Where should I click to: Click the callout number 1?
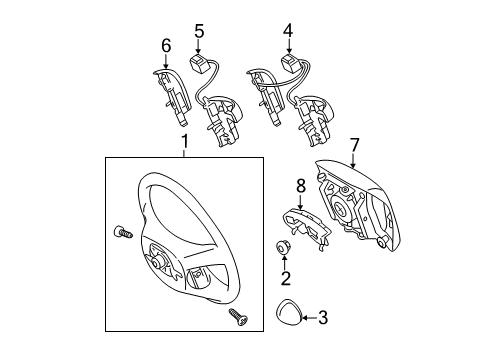[x=183, y=143]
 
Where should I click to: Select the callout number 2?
[x=285, y=279]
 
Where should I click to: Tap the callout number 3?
[x=322, y=319]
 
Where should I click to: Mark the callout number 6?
[x=166, y=45]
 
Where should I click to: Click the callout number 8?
[x=299, y=185]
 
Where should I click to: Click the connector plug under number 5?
[x=197, y=65]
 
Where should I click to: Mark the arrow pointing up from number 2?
[x=285, y=263]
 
